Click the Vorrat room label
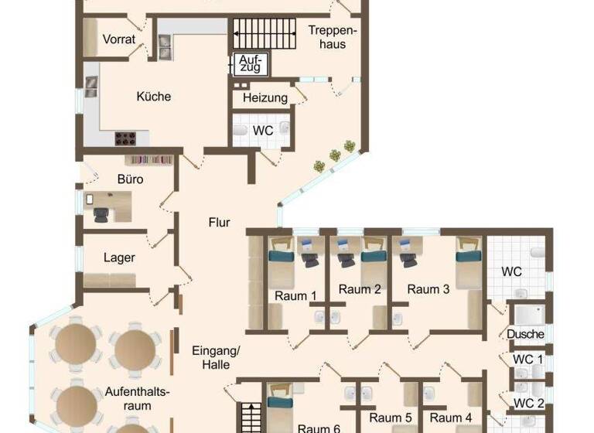tap(120, 39)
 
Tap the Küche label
tap(153, 97)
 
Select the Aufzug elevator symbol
tap(251, 63)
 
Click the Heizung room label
tap(265, 98)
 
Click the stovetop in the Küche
tap(126, 138)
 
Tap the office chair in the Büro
tap(102, 214)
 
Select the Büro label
tap(130, 179)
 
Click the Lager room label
tap(119, 257)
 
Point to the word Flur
tap(219, 223)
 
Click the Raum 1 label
tap(295, 295)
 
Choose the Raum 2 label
tap(360, 290)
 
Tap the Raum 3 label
tap(428, 290)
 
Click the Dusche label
tap(525, 334)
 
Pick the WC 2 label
tap(528, 403)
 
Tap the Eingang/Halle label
tap(216, 357)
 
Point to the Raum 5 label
tap(391, 418)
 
